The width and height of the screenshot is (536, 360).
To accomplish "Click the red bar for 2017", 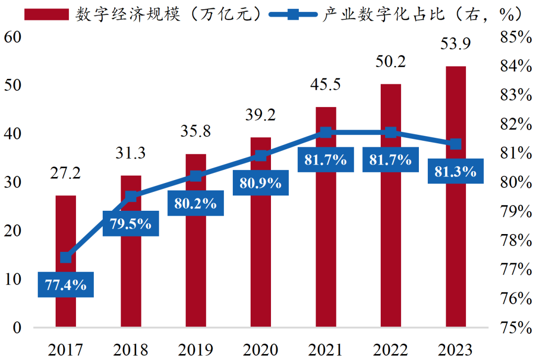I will pos(66,228).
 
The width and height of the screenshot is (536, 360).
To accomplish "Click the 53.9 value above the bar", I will pos(456,44).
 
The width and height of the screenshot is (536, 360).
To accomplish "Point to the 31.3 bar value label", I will pos(131,153).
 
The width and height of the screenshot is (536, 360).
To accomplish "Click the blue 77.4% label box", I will pos(66,285).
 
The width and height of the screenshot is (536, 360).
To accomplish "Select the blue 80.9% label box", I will pos(261,183).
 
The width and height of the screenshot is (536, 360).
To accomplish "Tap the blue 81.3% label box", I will pos(456,172).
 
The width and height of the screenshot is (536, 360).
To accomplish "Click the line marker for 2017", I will pos(66,257).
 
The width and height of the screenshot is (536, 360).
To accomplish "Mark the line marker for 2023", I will pos(456,144).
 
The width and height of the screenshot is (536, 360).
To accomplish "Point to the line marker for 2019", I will pos(196,176).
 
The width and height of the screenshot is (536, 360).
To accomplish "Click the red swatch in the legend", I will pos(47,14).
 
